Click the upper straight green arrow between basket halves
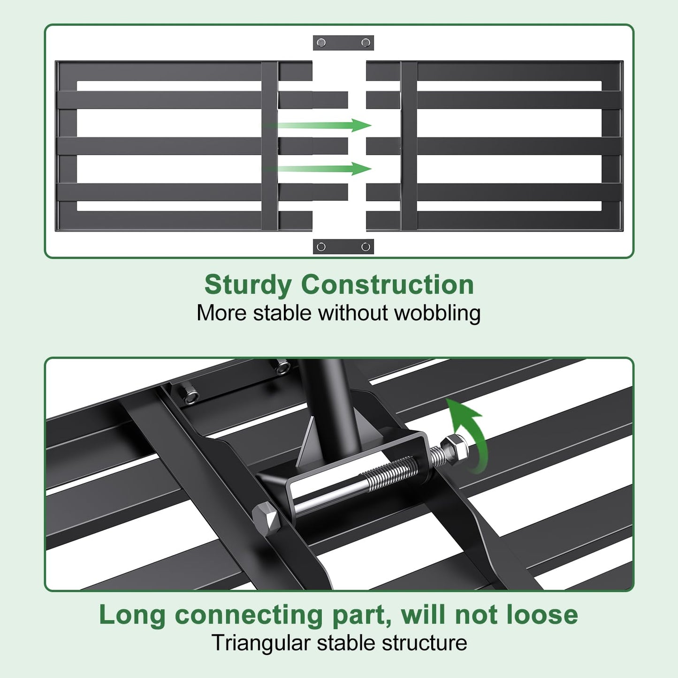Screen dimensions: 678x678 pos(324,125)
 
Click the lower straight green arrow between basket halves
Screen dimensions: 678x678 pos(324,168)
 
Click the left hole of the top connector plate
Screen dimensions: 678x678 pos(321,43)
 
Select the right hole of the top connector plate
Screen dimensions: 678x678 pos(366,43)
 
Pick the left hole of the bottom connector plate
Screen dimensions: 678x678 pos(321,247)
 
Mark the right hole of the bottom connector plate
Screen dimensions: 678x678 pos(366,247)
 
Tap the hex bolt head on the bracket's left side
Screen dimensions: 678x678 pos(266,517)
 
